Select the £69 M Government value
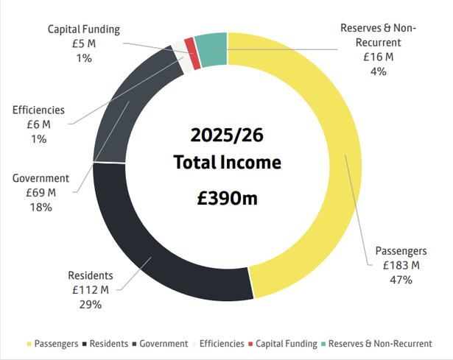tap(41, 193)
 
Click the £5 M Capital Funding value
tap(83, 43)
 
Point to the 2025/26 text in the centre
tap(227, 136)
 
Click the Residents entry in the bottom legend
tap(111, 344)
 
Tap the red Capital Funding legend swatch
tap(251, 344)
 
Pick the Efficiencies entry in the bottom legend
tap(220, 344)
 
